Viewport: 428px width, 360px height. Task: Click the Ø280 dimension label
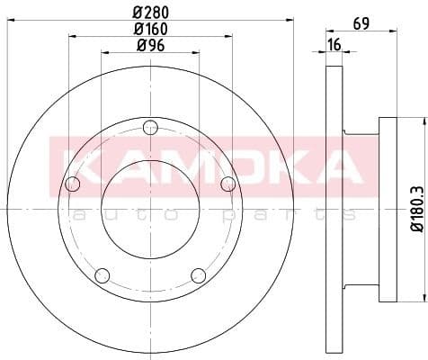coord(151,13)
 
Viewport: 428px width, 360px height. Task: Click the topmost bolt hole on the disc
coord(150,126)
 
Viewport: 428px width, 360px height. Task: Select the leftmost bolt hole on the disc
coord(73,184)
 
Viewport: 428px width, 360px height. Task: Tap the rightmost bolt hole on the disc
coord(228,184)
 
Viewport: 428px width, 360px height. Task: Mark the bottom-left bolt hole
coord(103,274)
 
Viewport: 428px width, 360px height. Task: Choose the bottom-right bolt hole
coord(199,274)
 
